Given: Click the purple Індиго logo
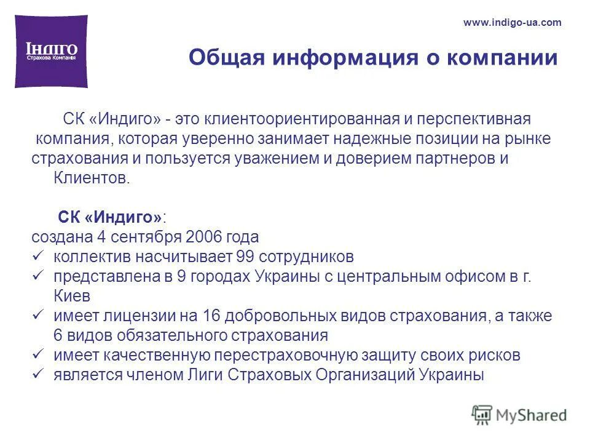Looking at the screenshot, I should point(51,51).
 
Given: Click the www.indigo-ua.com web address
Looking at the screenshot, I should point(512,23).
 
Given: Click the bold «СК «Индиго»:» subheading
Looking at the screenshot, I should point(112,218).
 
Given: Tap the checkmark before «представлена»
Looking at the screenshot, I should point(37,276).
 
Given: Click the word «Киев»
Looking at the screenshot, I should point(72,296).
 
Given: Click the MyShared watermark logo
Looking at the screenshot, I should point(519,414).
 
